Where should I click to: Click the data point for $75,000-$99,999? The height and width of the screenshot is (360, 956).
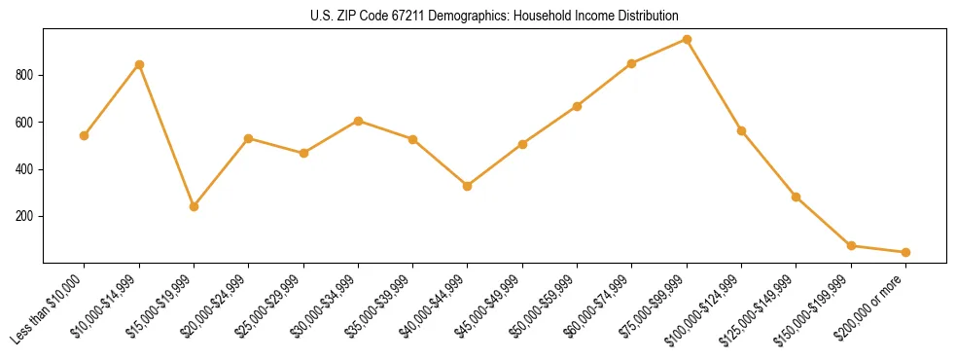687,40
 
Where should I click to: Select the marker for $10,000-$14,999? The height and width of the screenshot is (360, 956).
139,64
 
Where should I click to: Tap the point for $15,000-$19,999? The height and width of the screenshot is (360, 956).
194,206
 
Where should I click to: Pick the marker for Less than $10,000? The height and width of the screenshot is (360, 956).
84,135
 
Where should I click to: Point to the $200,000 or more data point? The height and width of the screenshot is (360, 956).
905,252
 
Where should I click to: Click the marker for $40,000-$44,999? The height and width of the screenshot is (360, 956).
468,186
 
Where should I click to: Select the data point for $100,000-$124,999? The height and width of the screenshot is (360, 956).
741,130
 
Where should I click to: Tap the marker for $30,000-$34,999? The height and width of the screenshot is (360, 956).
358,121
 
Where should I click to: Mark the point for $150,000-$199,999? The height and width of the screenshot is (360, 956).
851,245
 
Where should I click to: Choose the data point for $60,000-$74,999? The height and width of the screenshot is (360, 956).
632,63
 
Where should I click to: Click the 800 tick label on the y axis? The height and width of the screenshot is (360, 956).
26,75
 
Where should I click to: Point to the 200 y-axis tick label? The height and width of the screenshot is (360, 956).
26,216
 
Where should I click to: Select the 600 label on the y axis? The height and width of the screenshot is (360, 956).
26,123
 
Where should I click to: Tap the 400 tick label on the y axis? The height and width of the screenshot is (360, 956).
26,169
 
